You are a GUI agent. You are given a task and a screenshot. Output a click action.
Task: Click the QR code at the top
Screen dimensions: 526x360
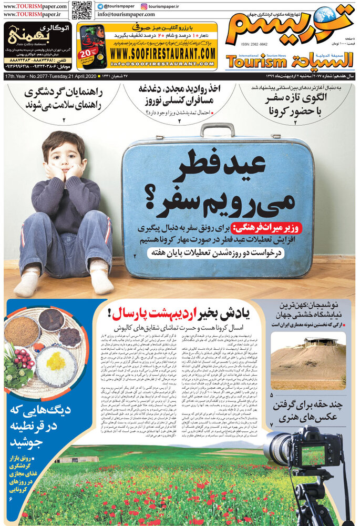coord(81,10)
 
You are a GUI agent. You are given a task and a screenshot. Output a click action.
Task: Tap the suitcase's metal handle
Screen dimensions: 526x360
coord(217,129)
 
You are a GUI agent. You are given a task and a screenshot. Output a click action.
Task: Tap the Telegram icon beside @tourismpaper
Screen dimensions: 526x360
coord(100,6)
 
